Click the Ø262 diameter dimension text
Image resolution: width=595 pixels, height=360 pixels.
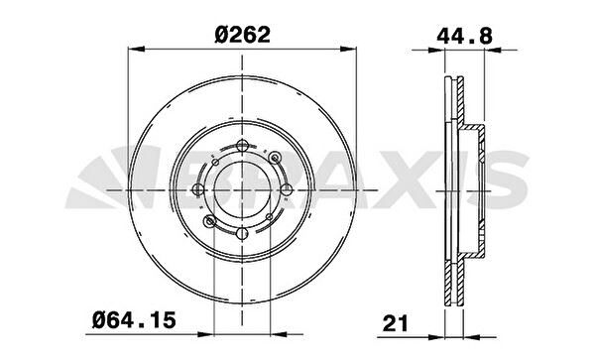(x=242, y=35)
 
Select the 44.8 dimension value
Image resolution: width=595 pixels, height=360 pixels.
(x=464, y=37)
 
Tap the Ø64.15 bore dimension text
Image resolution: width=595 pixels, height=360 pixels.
(x=134, y=319)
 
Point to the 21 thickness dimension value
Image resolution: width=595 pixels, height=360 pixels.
(x=395, y=323)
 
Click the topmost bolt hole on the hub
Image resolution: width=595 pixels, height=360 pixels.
(x=242, y=146)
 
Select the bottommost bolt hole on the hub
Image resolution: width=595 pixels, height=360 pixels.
(x=242, y=234)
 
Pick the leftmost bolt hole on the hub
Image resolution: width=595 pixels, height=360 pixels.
(x=198, y=189)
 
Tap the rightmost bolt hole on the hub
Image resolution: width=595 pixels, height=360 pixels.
(x=287, y=189)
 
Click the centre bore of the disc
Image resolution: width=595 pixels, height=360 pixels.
(x=242, y=189)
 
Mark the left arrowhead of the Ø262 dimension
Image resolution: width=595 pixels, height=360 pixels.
(x=137, y=49)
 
